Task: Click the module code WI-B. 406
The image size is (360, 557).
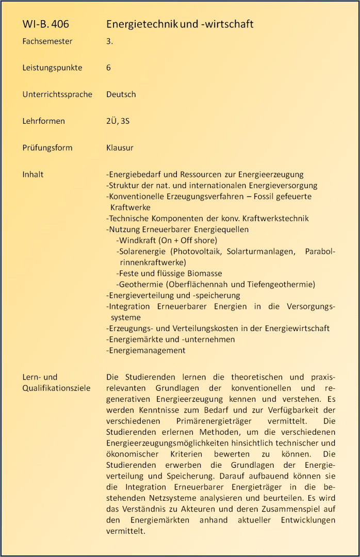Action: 45,24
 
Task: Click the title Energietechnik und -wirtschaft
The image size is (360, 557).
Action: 179,24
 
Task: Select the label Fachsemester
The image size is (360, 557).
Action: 47,41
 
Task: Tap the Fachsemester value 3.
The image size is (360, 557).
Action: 109,41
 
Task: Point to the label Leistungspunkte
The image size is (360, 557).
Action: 52,68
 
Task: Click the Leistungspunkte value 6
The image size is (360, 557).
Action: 109,68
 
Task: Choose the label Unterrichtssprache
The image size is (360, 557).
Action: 57,94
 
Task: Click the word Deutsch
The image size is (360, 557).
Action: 121,94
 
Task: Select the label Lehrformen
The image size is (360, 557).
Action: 44,121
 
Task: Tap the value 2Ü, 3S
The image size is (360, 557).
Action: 118,121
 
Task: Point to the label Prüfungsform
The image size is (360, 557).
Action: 47,148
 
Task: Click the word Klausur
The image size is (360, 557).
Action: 120,148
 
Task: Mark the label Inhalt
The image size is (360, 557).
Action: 33,174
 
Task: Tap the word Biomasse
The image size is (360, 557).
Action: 206,273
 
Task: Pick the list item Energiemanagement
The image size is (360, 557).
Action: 146,351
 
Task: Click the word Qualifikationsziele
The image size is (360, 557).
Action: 56,388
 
